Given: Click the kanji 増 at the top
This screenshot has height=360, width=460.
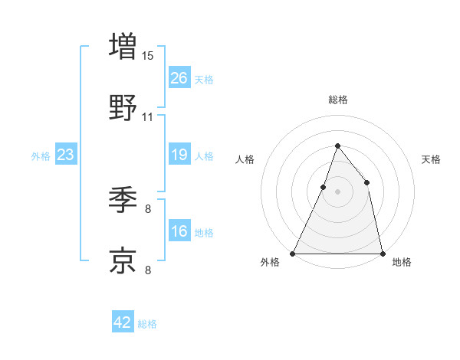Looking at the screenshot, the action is pyautogui.click(x=123, y=46).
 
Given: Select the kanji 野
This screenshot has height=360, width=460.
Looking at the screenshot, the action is pyautogui.click(x=123, y=107).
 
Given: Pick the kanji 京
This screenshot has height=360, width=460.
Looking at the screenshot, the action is pyautogui.click(x=123, y=260).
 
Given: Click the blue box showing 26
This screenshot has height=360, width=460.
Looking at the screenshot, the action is pyautogui.click(x=179, y=78).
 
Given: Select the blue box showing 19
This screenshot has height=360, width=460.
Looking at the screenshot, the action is pyautogui.click(x=179, y=155).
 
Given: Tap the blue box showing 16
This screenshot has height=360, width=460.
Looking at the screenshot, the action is pyautogui.click(x=179, y=232).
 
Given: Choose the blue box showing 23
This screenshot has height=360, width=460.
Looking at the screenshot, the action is pyautogui.click(x=65, y=155).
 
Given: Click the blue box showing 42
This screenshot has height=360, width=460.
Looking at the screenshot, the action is pyautogui.click(x=122, y=322).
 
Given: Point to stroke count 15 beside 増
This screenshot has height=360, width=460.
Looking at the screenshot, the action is pyautogui.click(x=148, y=55).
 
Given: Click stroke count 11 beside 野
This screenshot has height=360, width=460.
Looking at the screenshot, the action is pyautogui.click(x=148, y=117).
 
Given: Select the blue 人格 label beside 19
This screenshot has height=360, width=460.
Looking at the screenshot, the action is pyautogui.click(x=204, y=156).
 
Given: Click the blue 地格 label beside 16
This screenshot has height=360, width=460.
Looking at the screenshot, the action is pyautogui.click(x=204, y=233).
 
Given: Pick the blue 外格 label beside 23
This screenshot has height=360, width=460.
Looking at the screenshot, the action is pyautogui.click(x=41, y=156).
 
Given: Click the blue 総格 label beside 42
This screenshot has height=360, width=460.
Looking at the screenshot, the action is pyautogui.click(x=147, y=324).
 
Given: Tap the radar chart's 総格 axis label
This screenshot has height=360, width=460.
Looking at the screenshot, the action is pyautogui.click(x=337, y=100).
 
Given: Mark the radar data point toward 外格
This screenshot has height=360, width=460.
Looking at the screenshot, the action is pyautogui.click(x=293, y=253).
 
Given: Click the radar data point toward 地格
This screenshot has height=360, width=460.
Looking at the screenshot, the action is pyautogui.click(x=382, y=253).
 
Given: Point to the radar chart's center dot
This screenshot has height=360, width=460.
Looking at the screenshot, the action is pyautogui.click(x=337, y=191).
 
